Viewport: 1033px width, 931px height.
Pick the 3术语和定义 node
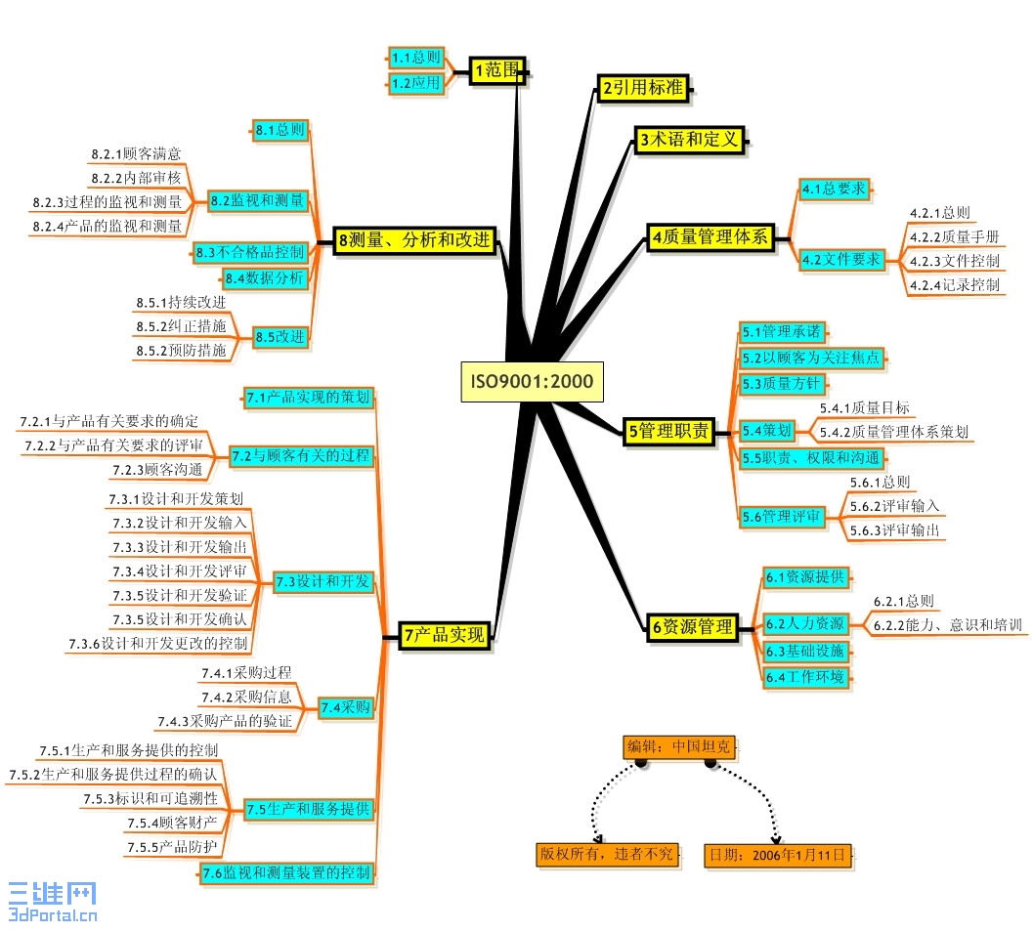689,140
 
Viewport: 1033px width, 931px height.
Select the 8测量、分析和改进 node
415,240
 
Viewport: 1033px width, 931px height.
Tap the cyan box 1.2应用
416,84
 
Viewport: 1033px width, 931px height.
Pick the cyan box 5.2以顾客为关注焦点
810,359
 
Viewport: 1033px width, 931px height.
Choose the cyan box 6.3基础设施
807,651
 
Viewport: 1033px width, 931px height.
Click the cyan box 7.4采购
346,707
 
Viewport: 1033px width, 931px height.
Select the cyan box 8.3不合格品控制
250,252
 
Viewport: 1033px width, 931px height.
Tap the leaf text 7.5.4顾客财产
172,823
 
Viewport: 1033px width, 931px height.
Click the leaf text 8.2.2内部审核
136,178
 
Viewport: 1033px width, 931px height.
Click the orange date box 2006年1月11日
779,855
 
